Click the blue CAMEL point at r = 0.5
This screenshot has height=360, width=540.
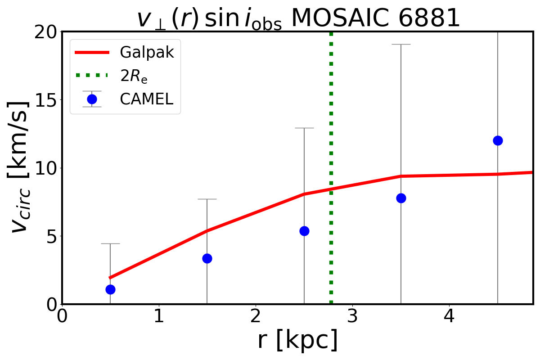(x=110, y=289)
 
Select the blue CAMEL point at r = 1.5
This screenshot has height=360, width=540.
(x=207, y=258)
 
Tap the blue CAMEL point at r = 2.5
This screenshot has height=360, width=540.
(x=304, y=231)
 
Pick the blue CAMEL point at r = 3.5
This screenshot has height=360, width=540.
(x=401, y=198)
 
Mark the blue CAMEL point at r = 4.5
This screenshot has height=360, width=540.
(x=498, y=140)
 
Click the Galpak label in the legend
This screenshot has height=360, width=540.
(x=147, y=53)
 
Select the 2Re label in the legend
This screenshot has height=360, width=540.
(x=134, y=76)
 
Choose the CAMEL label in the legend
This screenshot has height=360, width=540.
(x=146, y=99)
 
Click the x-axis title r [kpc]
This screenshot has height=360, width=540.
(x=297, y=341)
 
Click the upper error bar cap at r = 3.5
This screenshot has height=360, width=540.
(x=401, y=45)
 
